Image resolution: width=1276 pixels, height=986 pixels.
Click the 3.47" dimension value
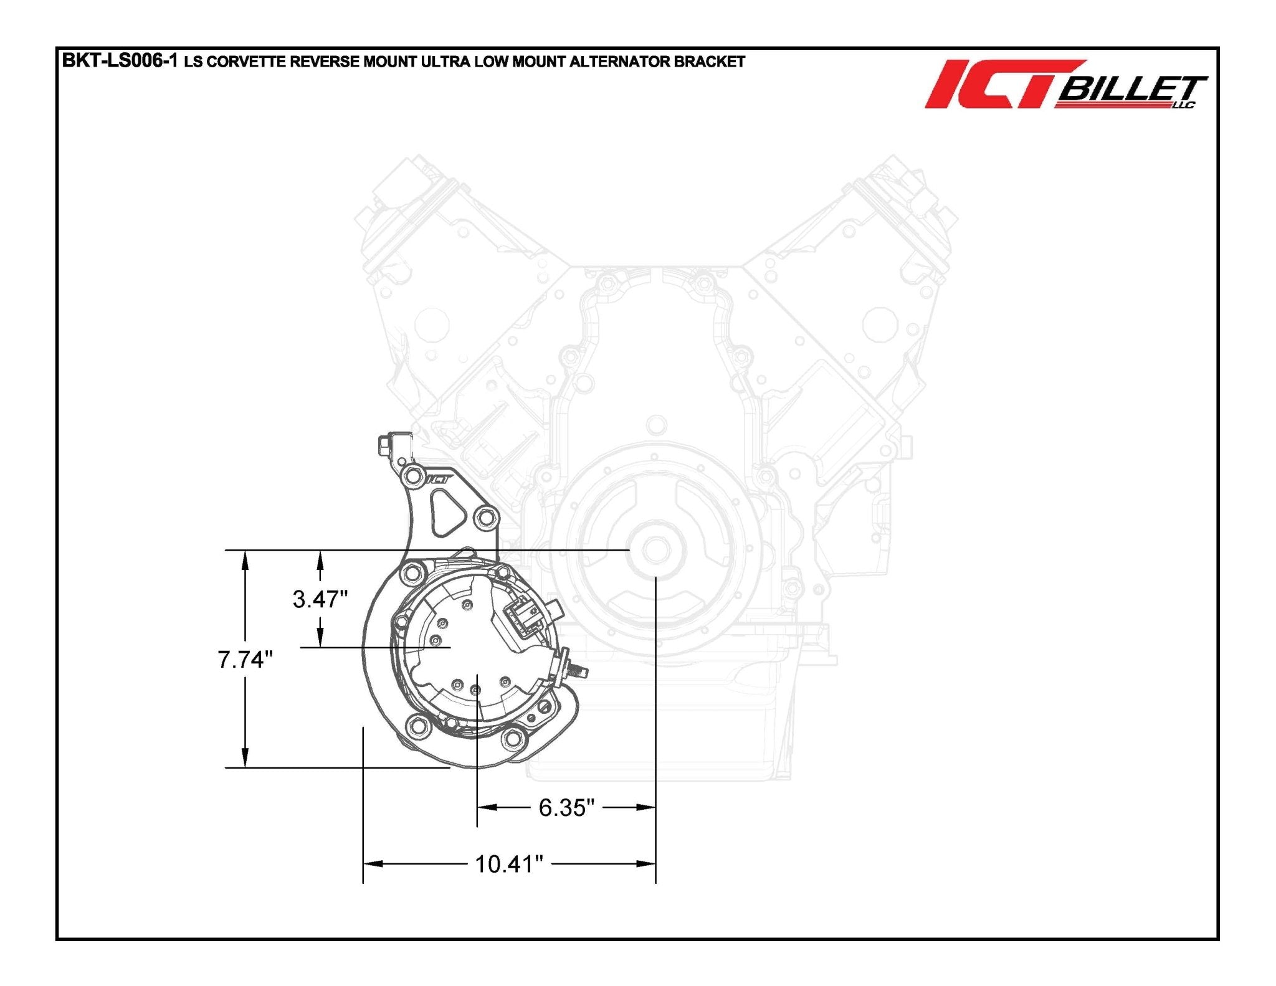coord(320,599)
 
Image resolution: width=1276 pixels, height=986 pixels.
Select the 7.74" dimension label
coord(245,660)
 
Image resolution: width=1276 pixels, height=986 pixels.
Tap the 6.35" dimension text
coord(566,808)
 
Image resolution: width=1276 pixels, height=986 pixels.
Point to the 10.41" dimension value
coord(508,865)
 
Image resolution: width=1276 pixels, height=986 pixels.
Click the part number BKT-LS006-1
coord(120,61)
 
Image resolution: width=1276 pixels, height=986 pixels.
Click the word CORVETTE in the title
coord(245,62)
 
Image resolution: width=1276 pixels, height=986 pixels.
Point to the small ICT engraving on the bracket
coord(439,480)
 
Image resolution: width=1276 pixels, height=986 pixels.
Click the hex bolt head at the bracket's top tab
coord(383,445)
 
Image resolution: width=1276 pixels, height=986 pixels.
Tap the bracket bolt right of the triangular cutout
coord(486,517)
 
